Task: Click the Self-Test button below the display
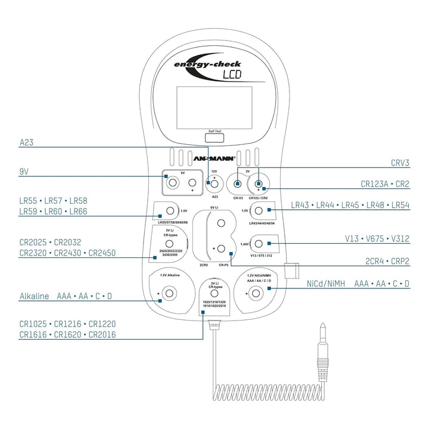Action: click(x=214, y=138)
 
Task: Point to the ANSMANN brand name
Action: click(x=214, y=158)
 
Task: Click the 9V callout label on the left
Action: click(x=24, y=171)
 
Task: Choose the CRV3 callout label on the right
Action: click(x=400, y=162)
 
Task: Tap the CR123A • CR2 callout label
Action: click(x=385, y=184)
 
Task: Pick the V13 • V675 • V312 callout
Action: click(x=378, y=238)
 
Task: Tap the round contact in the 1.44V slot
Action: click(x=260, y=243)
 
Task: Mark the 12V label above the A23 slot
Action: click(x=214, y=171)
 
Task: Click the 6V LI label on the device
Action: click(x=214, y=208)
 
